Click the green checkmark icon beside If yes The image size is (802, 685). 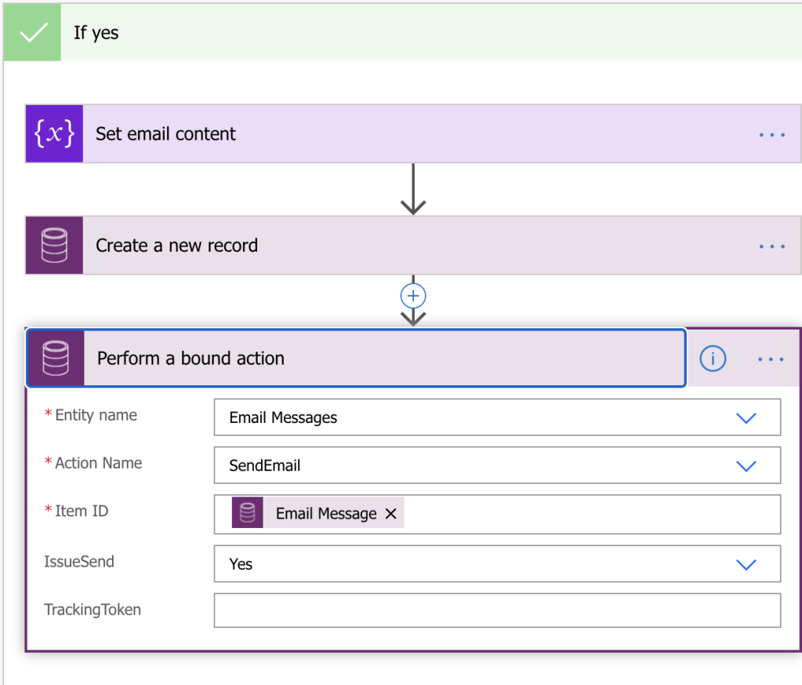(x=32, y=33)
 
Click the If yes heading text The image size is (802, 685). (x=96, y=33)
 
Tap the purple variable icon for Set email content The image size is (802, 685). (x=54, y=133)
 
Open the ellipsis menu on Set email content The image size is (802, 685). (x=771, y=135)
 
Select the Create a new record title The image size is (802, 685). (x=176, y=246)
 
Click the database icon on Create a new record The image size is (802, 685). (x=54, y=246)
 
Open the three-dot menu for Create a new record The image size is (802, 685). (x=771, y=246)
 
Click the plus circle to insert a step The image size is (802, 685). (x=413, y=296)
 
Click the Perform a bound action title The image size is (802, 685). (x=191, y=359)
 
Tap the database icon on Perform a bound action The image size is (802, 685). (x=56, y=359)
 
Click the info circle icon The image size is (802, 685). (x=713, y=359)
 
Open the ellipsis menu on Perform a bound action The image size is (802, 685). (x=771, y=359)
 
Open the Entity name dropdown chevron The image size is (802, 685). (x=746, y=418)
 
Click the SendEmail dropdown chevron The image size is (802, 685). (x=746, y=466)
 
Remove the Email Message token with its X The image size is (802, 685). (x=390, y=514)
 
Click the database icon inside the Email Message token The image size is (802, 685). (x=248, y=513)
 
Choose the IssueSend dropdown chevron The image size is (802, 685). (x=746, y=565)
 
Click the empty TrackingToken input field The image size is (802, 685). (x=497, y=610)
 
